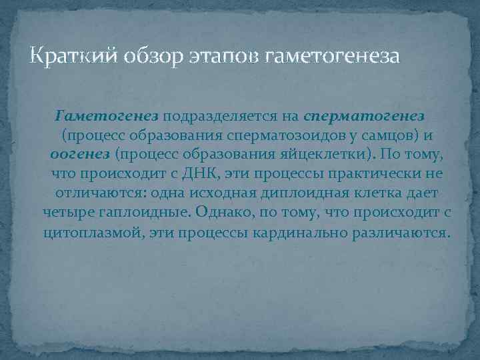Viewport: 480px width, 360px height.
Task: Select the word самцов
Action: click(393, 136)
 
